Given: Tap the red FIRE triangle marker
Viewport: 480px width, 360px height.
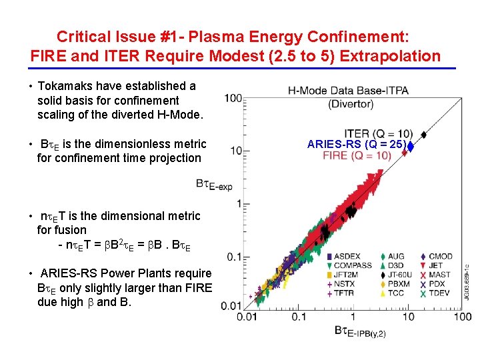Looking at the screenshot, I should [405, 155].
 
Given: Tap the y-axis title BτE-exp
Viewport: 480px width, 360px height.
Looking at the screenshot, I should [213, 184].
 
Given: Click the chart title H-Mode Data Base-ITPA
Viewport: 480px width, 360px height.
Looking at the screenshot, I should [348, 90].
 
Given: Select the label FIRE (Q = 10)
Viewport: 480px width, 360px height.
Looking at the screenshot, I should [357, 155].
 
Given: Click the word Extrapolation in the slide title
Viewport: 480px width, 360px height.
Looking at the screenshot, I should [390, 56].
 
